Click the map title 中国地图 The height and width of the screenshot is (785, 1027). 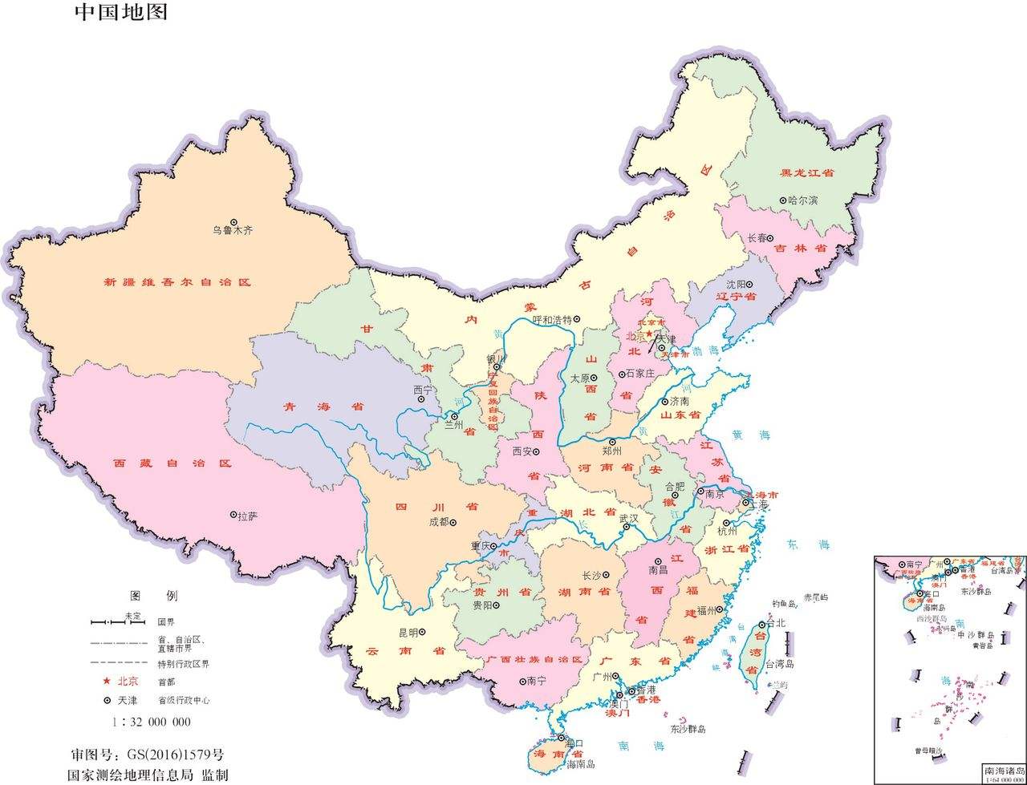tap(122, 12)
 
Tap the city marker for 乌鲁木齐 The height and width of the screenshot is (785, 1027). tap(234, 222)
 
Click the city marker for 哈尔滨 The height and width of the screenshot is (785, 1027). tap(783, 200)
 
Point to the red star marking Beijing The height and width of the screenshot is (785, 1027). tap(649, 333)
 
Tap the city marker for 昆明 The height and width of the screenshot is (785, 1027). tap(422, 633)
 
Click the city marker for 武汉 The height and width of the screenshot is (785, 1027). tap(626, 528)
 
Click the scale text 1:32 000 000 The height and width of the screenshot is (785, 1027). tap(152, 722)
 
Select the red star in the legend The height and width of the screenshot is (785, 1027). tap(107, 681)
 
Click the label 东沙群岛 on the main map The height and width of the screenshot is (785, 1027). tap(688, 729)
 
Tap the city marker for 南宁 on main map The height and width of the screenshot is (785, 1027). tap(522, 681)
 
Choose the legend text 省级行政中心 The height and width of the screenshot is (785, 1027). tap(184, 700)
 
